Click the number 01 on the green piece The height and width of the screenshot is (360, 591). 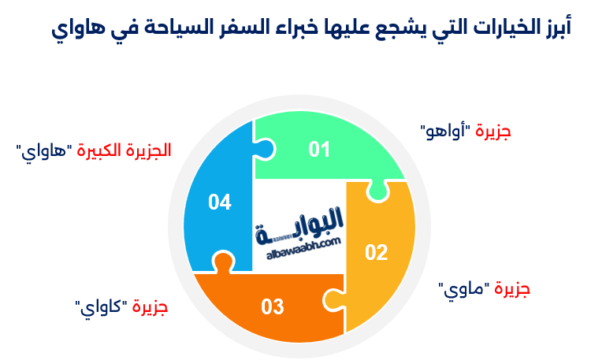(318, 149)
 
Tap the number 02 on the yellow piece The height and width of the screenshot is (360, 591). (377, 253)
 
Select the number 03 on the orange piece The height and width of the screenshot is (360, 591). (272, 306)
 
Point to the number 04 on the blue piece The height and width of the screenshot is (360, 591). (219, 202)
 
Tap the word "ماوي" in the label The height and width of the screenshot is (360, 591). (463, 289)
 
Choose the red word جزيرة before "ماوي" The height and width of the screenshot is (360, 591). (512, 289)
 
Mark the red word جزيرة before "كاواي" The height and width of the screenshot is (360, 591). (151, 306)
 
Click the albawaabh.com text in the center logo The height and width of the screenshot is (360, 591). (300, 243)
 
